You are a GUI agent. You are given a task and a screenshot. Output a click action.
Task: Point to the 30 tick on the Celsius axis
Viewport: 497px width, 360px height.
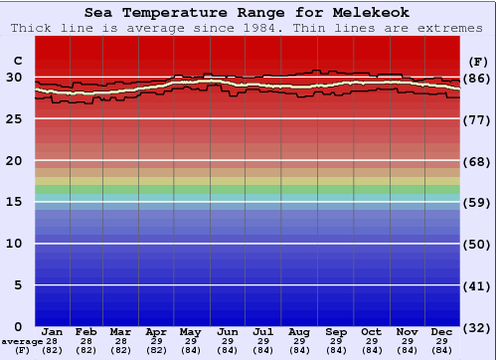click(14, 77)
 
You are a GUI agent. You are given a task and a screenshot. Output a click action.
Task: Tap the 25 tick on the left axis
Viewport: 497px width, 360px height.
click(14, 118)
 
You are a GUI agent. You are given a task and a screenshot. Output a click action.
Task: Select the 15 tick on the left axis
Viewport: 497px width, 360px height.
click(14, 202)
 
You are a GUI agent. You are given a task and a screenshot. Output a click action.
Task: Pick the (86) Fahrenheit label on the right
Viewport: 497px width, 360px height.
click(477, 78)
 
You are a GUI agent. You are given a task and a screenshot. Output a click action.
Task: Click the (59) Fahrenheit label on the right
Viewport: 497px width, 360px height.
click(477, 203)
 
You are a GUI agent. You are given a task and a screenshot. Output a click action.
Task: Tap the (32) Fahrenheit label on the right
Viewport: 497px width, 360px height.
click(477, 328)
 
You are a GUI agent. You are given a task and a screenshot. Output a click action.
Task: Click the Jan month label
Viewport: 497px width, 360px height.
click(53, 331)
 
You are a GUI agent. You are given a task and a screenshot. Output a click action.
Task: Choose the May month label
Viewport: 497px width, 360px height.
click(191, 331)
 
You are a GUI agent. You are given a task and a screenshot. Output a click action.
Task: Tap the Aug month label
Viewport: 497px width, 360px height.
click(298, 331)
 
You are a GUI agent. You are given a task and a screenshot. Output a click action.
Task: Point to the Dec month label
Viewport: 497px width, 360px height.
click(442, 331)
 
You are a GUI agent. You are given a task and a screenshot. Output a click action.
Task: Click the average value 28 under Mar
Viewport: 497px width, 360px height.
click(121, 341)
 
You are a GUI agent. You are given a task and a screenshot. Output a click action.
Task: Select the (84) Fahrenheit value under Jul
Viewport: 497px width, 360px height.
click(262, 350)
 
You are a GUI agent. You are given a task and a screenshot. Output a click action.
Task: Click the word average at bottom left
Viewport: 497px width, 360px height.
click(23, 341)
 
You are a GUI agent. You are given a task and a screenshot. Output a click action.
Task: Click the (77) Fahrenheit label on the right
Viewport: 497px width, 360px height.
click(477, 119)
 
